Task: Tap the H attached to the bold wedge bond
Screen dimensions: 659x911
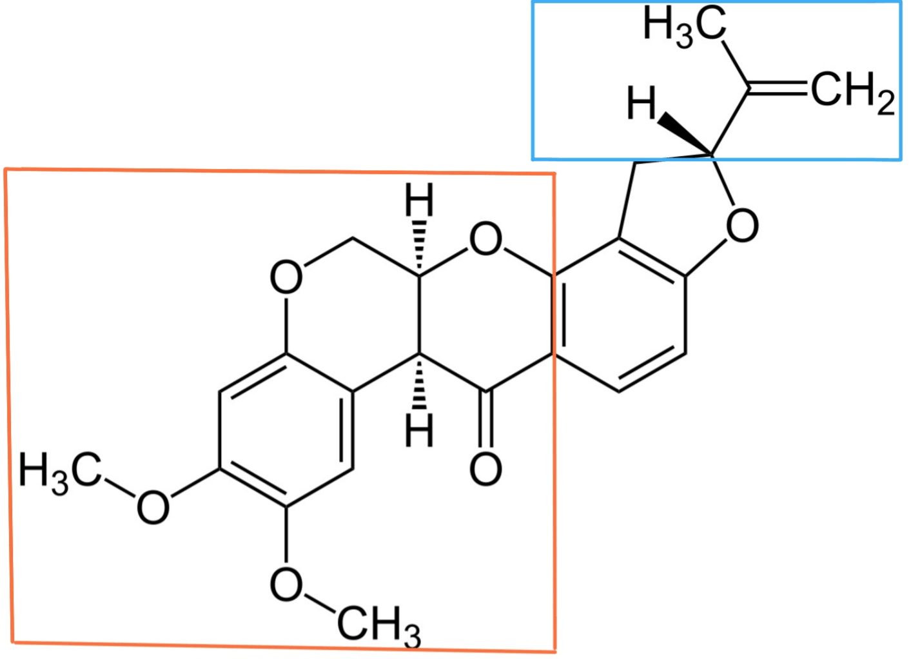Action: [641, 104]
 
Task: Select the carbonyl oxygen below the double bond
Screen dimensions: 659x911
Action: [485, 469]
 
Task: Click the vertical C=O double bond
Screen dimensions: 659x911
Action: [487, 419]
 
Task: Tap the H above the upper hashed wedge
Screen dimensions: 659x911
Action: [420, 201]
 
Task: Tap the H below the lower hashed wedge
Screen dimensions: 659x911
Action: [420, 430]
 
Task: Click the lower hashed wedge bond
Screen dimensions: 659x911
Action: [420, 384]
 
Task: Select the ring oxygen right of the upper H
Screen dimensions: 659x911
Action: [485, 239]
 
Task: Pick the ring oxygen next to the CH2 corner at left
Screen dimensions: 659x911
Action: [286, 278]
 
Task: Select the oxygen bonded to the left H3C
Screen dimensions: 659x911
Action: [153, 507]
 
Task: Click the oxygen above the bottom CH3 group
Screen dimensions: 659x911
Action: [286, 585]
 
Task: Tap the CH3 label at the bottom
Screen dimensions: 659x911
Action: [378, 625]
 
